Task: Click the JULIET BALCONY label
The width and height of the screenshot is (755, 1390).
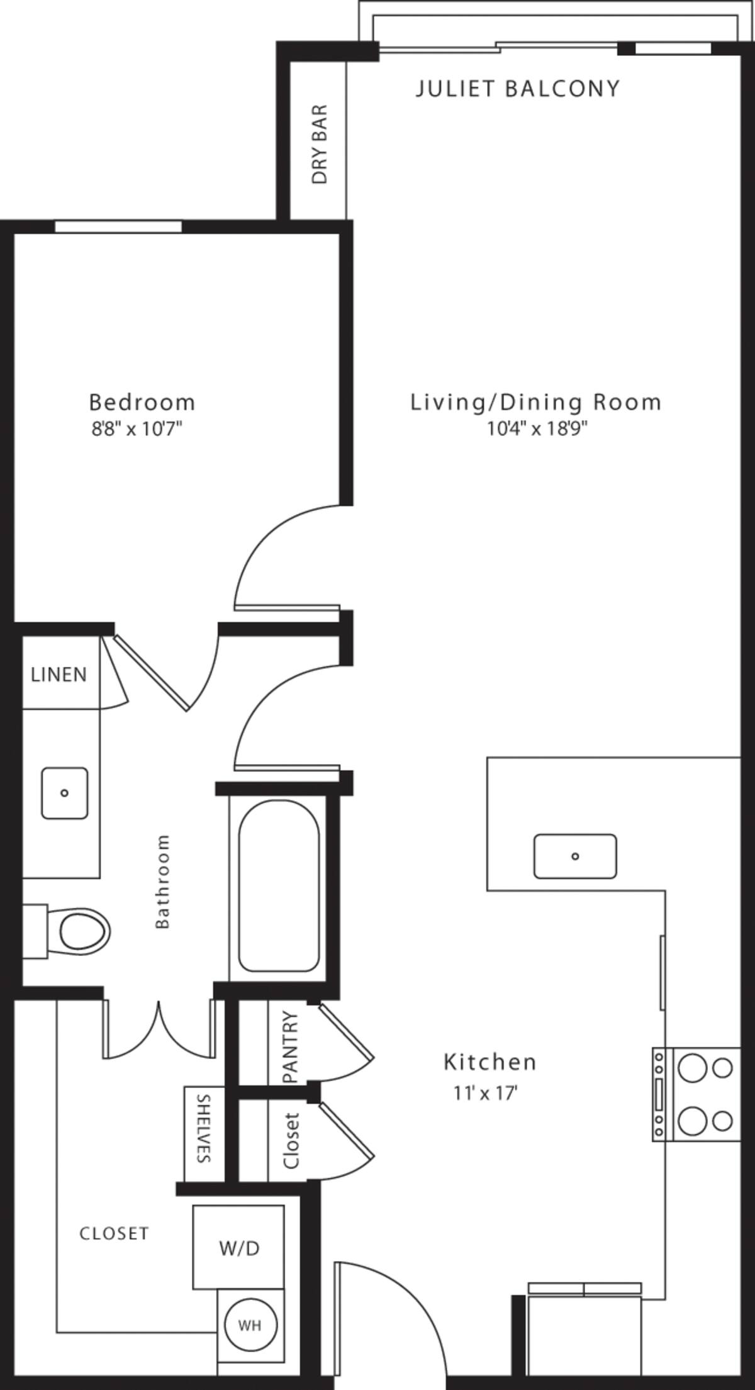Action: coord(517,89)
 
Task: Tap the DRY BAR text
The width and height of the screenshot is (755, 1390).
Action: coord(320,144)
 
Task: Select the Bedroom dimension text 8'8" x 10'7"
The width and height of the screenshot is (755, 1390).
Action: coord(137,430)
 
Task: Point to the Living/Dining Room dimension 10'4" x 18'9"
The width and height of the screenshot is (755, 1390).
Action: coord(537,429)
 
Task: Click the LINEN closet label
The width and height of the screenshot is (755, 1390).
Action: coord(59,675)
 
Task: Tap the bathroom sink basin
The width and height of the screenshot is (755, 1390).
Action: coord(64,793)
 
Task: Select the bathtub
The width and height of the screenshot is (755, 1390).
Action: coord(278,886)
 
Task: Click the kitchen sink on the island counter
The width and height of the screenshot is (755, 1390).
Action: coord(574,856)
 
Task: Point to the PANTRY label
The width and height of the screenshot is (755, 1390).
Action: coord(290,1046)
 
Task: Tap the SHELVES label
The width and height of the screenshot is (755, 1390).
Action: coord(203,1128)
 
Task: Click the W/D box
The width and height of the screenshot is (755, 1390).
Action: coord(238,1247)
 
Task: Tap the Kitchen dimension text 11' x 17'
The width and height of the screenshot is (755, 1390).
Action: coord(485,1094)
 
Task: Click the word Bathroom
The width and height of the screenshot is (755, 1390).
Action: coord(162,881)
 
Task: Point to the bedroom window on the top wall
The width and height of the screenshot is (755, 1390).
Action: coord(118,227)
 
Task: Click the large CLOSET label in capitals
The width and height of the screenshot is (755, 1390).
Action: coord(114,1233)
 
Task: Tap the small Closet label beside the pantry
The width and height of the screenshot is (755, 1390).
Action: coord(291,1141)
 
